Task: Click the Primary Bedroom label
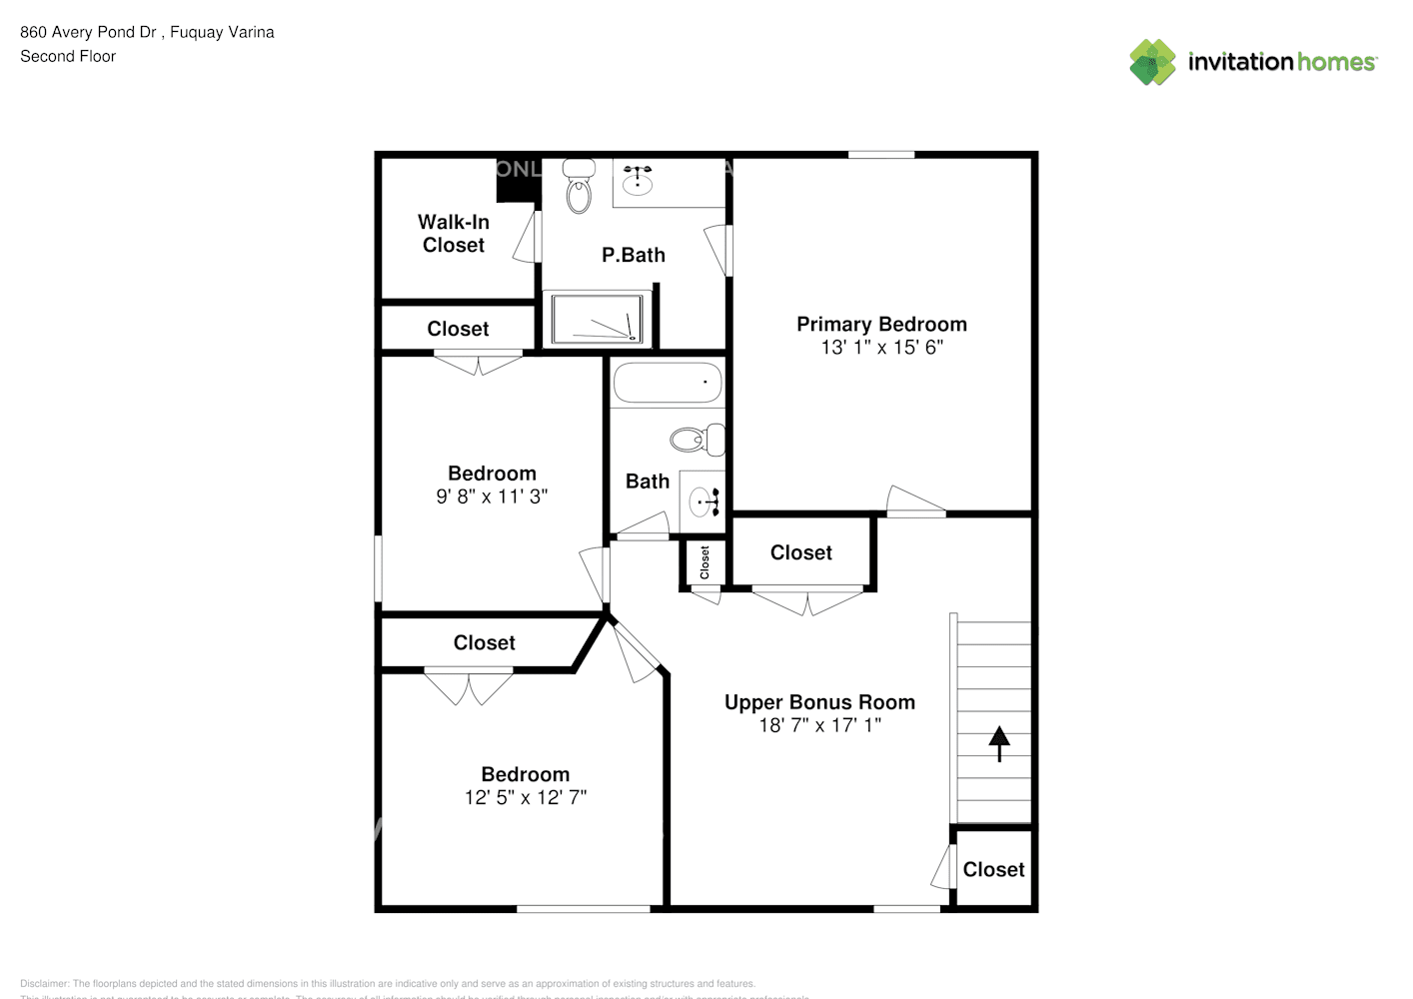881,324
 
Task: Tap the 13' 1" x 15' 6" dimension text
881,348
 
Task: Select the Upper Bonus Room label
819,702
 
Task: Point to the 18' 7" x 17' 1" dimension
819,726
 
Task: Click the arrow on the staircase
998,743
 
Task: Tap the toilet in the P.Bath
578,187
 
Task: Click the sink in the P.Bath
638,180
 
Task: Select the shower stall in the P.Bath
598,319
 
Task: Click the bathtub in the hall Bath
667,383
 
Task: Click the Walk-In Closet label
454,233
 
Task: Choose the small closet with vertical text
705,562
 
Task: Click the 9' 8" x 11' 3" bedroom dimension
492,497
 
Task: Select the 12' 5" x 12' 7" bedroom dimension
526,797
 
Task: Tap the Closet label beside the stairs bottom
993,869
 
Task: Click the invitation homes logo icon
1152,62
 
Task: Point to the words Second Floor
68,56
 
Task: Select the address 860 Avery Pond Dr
88,32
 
